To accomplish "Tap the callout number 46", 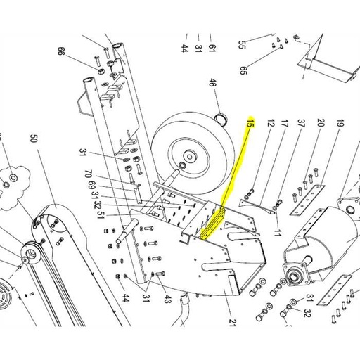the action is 212,83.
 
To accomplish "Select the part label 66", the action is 61,51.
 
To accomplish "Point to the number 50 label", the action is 34,139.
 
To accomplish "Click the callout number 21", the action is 232,322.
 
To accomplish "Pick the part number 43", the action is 167,299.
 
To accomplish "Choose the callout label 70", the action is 88,174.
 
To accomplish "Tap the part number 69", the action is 91,185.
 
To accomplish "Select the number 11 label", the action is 277,233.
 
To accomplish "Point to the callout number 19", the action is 340,123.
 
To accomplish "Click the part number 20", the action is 321,122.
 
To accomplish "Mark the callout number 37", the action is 301,123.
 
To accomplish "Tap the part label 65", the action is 243,70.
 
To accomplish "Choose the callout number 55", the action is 242,44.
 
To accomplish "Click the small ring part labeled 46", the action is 221,119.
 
